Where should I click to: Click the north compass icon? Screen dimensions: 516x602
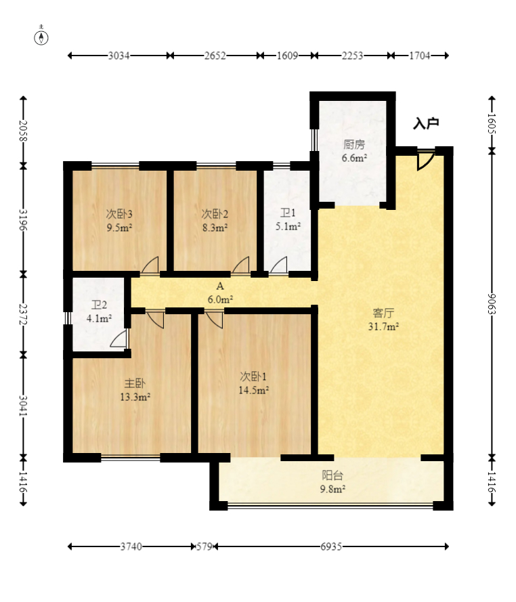[x=41, y=38]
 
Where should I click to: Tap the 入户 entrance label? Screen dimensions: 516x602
[x=426, y=123]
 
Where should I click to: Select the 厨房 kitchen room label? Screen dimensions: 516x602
[x=354, y=144]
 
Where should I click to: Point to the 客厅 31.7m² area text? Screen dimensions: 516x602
[x=383, y=326]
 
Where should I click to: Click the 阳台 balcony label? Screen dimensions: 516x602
[x=332, y=475]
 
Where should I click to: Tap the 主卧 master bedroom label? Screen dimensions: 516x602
[x=135, y=383]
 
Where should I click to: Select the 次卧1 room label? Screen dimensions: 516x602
[x=253, y=377]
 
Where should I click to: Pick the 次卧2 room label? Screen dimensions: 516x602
[x=215, y=213]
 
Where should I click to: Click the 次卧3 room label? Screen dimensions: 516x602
[x=119, y=213]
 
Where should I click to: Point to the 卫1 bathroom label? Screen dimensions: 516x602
[x=288, y=213]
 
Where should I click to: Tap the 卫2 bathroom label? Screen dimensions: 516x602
[x=99, y=305]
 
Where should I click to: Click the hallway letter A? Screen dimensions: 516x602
[x=220, y=286]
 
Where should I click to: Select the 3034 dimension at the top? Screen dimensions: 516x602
[x=119, y=56]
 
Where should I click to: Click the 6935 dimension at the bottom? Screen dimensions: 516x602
[x=331, y=546]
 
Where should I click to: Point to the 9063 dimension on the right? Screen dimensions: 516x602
[x=492, y=303]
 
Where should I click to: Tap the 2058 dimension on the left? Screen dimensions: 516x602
[x=24, y=131]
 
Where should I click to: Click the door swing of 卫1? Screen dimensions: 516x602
[x=279, y=265]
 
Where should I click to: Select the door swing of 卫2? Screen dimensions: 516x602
[x=119, y=338]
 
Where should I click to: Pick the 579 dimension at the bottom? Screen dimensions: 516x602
[x=205, y=546]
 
